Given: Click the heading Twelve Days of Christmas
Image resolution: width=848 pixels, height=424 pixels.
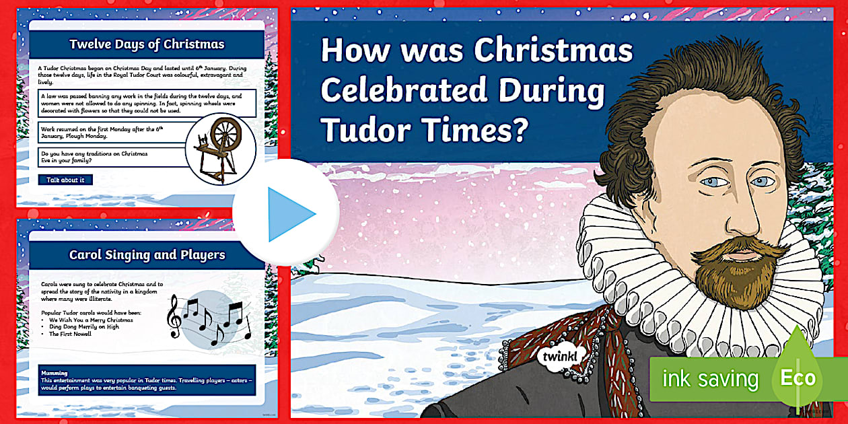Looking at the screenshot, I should [147, 44].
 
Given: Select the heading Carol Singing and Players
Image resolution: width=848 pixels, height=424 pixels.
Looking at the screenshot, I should [147, 255].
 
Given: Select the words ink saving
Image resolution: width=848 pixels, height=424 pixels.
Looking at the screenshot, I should [710, 378].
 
